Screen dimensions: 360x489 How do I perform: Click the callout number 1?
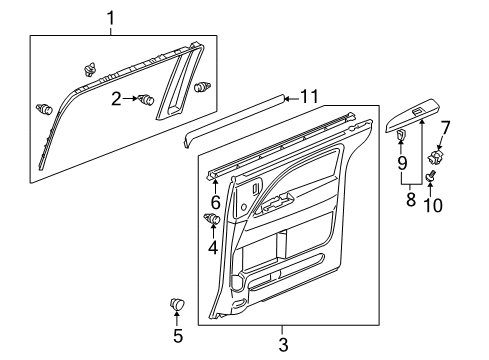[x=111, y=17]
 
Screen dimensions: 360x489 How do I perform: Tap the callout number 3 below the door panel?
[x=283, y=343]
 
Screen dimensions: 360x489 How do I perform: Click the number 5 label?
[x=179, y=335]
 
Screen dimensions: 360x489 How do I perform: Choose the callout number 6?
[x=214, y=202]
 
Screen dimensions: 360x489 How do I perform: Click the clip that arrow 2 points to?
[x=147, y=99]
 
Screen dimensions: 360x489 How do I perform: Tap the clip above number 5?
[x=179, y=304]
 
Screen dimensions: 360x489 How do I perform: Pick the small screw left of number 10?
[x=430, y=177]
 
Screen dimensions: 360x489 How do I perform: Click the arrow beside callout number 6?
[x=214, y=184]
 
